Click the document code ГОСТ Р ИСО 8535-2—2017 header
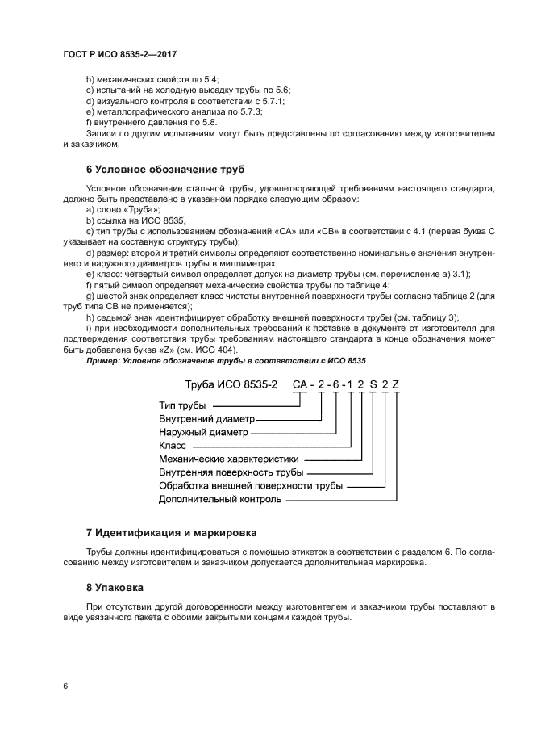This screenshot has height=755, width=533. (119, 54)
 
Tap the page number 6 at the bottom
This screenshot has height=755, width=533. (66, 686)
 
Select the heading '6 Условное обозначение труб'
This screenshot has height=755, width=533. (164, 170)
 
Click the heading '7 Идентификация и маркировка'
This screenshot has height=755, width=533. (171, 532)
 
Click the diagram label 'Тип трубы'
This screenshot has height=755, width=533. (182, 405)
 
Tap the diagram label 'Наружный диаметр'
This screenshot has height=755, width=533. (203, 432)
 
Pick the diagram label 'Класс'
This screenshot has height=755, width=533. (173, 445)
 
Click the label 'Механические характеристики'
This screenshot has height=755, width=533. (228, 459)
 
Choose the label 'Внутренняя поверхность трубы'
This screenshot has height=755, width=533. (231, 472)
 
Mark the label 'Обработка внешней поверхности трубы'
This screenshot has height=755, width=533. (251, 486)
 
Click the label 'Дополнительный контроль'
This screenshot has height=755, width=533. (220, 500)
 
